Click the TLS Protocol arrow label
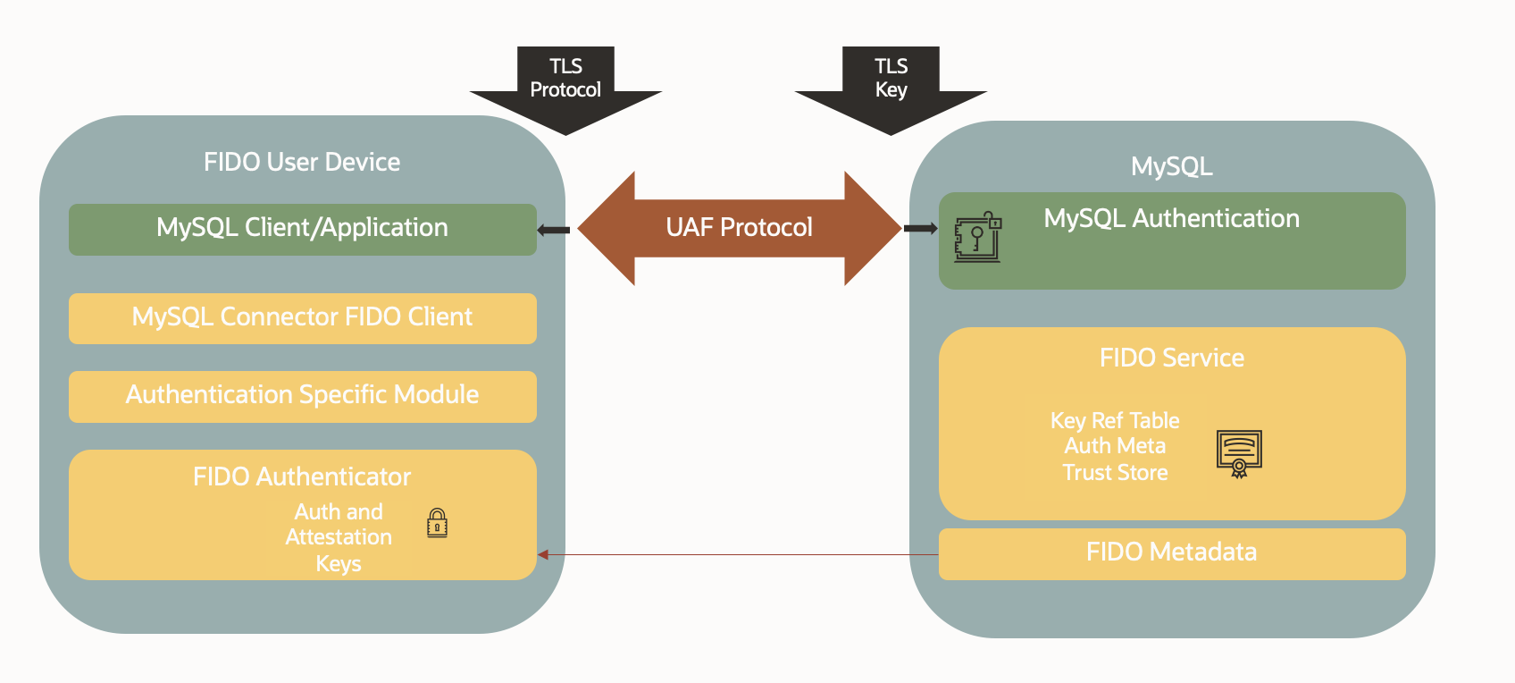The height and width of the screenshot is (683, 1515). [x=565, y=78]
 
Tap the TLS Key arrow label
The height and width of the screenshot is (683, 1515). [x=891, y=78]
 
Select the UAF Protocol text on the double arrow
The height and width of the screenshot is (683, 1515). [x=739, y=227]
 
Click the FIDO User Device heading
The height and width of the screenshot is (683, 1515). [x=302, y=162]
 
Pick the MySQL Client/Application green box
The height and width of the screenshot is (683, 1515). [x=302, y=229]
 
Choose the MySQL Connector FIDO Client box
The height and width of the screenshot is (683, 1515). [x=302, y=317]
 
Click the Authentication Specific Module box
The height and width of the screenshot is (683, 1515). [x=302, y=395]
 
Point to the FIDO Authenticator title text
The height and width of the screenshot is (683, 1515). [x=302, y=476]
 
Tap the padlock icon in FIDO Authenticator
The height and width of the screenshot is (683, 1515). [x=437, y=523]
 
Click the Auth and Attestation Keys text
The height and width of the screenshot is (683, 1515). [x=339, y=536]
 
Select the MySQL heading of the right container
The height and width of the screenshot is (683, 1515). [x=1171, y=166]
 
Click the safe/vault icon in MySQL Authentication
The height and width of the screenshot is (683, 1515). [x=977, y=237]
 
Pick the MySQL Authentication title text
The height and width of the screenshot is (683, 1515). [x=1171, y=218]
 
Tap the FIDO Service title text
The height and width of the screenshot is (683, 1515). [x=1171, y=358]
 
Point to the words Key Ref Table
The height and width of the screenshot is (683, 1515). [x=1115, y=420]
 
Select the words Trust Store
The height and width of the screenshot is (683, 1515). [x=1115, y=472]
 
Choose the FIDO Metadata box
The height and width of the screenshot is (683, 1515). [x=1171, y=552]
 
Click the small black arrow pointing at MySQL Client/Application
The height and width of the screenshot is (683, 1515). [x=553, y=230]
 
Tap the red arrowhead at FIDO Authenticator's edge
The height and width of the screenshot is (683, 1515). [x=542, y=554]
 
